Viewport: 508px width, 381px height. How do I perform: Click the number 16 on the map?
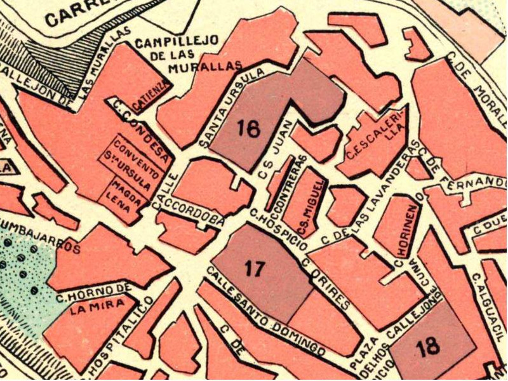[x=249, y=128]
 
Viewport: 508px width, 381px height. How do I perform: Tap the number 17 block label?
[x=254, y=269]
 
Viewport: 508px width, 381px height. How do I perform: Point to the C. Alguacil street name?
[x=490, y=304]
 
